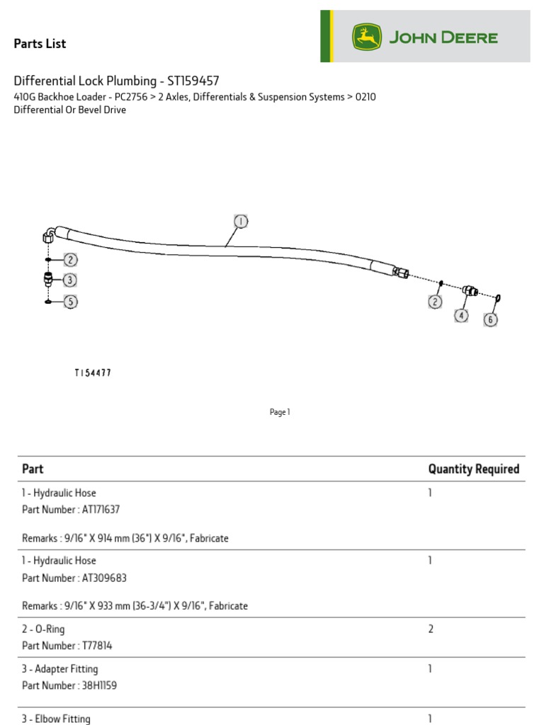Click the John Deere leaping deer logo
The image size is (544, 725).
tap(367, 38)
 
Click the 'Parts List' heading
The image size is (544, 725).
tap(40, 44)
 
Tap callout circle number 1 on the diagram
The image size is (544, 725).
tap(241, 222)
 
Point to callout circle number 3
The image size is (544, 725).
tap(69, 280)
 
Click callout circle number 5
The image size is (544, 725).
tap(70, 302)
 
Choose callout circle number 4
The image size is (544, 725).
tap(461, 315)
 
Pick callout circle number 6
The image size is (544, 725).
tap(491, 319)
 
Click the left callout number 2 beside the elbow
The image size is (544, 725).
tap(70, 260)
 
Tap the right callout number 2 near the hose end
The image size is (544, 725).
tap(434, 302)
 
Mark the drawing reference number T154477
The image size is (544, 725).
tap(93, 372)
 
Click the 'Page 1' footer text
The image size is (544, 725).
tap(280, 412)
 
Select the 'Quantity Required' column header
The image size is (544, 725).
tap(473, 469)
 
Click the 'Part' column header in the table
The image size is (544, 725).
tap(33, 469)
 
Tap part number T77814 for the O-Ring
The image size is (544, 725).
tap(83, 646)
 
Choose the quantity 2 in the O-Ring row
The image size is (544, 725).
tap(431, 629)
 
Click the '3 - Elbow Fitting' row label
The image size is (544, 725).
tap(56, 719)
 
